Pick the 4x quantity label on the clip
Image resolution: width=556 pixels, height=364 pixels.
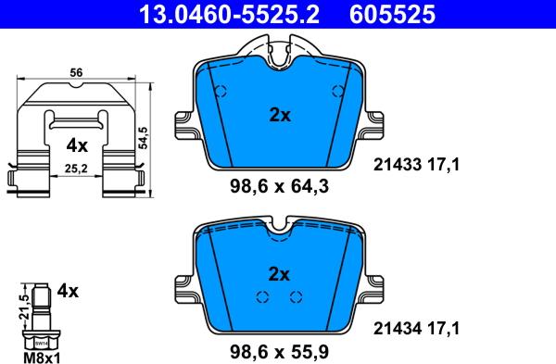(x=76, y=145)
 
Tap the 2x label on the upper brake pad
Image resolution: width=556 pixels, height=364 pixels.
(x=279, y=116)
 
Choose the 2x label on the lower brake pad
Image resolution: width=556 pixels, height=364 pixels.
(x=279, y=274)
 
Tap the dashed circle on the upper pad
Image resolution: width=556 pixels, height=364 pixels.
(x=221, y=92)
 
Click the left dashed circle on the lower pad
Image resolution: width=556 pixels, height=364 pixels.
(x=262, y=296)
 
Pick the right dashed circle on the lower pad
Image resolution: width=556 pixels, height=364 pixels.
(x=297, y=296)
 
